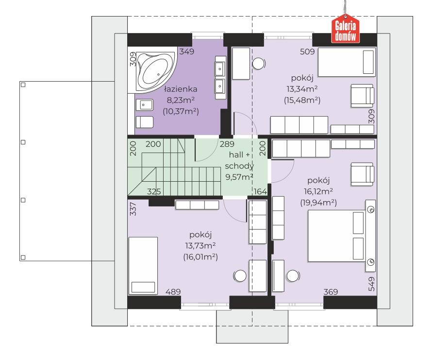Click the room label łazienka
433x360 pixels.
pos(181,89)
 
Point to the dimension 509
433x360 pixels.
pos(307,51)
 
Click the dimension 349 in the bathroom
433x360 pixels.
pos(187,51)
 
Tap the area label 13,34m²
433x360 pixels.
pos(302,89)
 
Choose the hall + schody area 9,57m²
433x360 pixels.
pos(239,177)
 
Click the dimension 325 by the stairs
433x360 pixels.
pos(154,191)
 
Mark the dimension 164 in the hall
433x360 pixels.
pos(260,191)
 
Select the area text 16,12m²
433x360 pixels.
pos(318,191)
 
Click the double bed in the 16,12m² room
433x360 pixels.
pos(336,236)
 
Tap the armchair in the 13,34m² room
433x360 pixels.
pos(362,96)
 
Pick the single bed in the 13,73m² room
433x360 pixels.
pos(143,266)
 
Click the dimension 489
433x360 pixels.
pos(173,292)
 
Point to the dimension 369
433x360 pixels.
pos(331,292)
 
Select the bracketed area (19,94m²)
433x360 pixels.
pos(318,203)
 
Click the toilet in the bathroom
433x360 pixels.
pos(144,122)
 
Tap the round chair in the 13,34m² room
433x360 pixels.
pos(259,64)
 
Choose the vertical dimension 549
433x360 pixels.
pos(372,284)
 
